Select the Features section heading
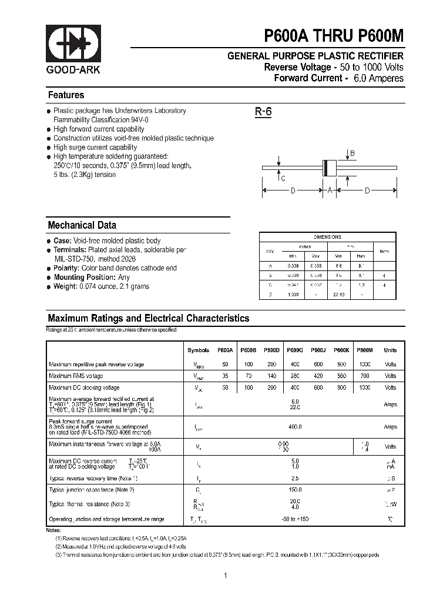click(66, 95)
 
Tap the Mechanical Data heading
click(82, 225)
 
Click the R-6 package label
click(263, 112)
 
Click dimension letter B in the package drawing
click(352, 154)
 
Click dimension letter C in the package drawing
click(283, 179)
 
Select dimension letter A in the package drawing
click(330, 190)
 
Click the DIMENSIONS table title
click(327, 237)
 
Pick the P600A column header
click(225, 350)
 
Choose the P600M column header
click(365, 350)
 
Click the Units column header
click(390, 350)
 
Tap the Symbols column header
click(198, 350)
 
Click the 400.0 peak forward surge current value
click(295, 427)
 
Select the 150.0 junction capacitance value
click(295, 489)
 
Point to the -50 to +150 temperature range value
click(295, 519)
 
